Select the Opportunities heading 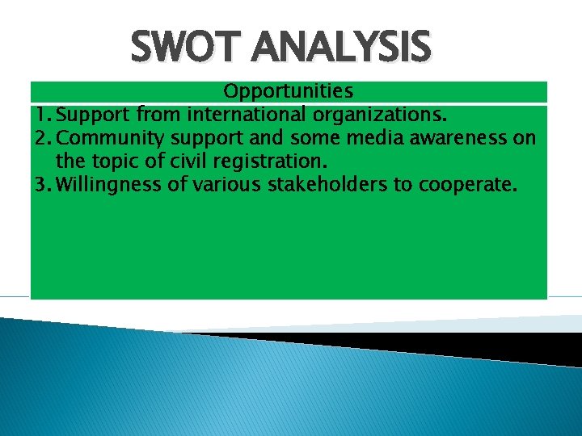[288, 91]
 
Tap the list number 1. [40, 115]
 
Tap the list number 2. [41, 138]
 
